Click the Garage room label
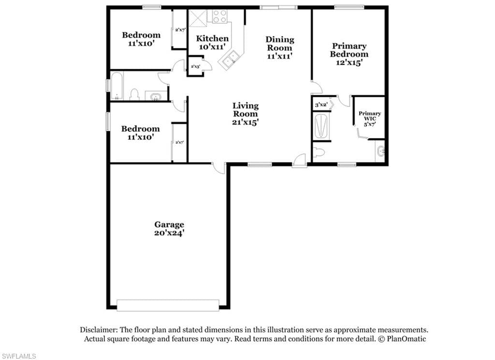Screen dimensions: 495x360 pyautogui.click(x=169, y=225)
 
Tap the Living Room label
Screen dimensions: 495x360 pyautogui.click(x=245, y=110)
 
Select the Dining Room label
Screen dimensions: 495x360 pyautogui.click(x=280, y=44)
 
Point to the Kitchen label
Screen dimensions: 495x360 pyautogui.click(x=212, y=39)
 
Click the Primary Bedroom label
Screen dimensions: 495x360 pyautogui.click(x=349, y=50)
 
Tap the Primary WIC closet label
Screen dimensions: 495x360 pyautogui.click(x=370, y=116)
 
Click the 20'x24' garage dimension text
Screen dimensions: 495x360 pyautogui.click(x=169, y=233)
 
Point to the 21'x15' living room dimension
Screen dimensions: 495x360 pyautogui.click(x=245, y=122)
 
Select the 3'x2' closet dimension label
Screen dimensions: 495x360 pyautogui.click(x=321, y=105)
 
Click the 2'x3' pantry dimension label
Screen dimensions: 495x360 pyautogui.click(x=195, y=66)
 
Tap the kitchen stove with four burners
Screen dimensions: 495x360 pyautogui.click(x=219, y=16)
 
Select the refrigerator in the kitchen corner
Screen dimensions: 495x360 pyautogui.click(x=198, y=18)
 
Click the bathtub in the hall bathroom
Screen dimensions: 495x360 pyautogui.click(x=116, y=86)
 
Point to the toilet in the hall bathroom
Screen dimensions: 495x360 pyautogui.click(x=134, y=94)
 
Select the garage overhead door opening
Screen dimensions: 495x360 pyautogui.click(x=168, y=305)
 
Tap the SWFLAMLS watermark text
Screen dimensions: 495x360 pyautogui.click(x=18, y=356)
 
